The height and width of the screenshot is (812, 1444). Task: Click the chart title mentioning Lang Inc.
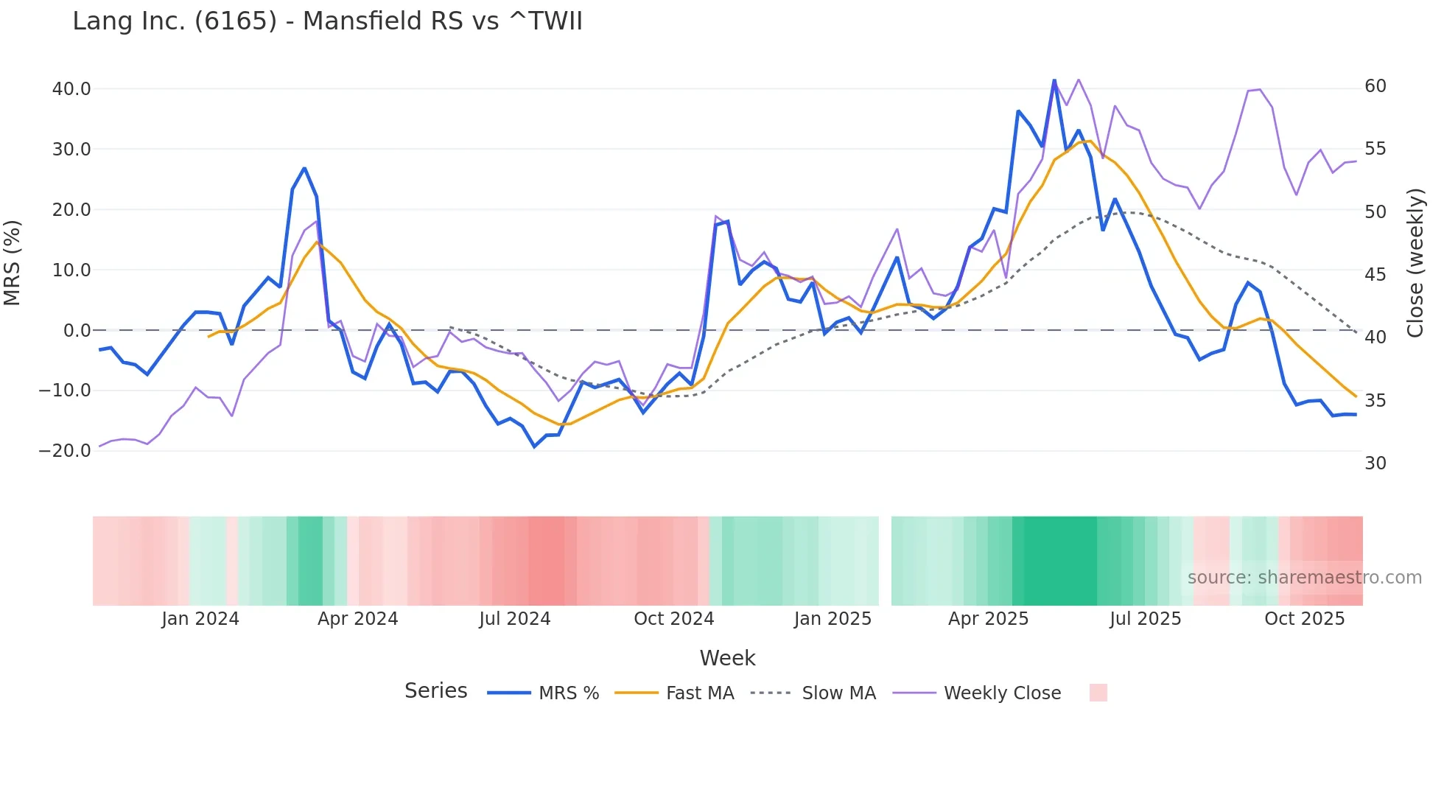pos(327,21)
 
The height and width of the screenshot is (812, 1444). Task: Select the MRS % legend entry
pos(544,693)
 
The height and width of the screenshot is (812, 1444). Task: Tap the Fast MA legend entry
pos(674,693)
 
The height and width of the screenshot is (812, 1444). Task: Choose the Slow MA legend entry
pos(813,693)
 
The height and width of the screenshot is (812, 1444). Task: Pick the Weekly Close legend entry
pos(977,693)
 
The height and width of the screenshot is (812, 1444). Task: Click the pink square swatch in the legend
pos(1098,693)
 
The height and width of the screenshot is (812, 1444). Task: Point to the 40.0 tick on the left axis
pos(71,89)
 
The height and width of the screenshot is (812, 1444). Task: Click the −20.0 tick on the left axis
pos(65,451)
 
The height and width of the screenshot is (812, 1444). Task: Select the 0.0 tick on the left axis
pos(77,331)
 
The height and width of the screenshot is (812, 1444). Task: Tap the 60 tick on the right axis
pos(1375,86)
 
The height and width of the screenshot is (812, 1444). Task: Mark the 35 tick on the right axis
pos(1375,401)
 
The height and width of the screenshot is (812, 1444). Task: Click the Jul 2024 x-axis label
pos(514,619)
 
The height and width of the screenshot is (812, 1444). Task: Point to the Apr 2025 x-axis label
pos(988,619)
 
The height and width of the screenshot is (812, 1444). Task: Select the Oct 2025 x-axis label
pos(1304,619)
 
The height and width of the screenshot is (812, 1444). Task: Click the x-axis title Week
pos(727,658)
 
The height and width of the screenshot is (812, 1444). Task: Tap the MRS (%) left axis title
pos(13,263)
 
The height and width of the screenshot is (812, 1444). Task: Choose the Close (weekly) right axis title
pos(1415,263)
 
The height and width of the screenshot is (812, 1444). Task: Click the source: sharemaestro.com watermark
pos(1304,578)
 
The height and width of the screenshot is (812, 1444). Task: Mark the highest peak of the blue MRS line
pos(1054,81)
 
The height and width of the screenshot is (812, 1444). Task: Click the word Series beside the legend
pos(435,691)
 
